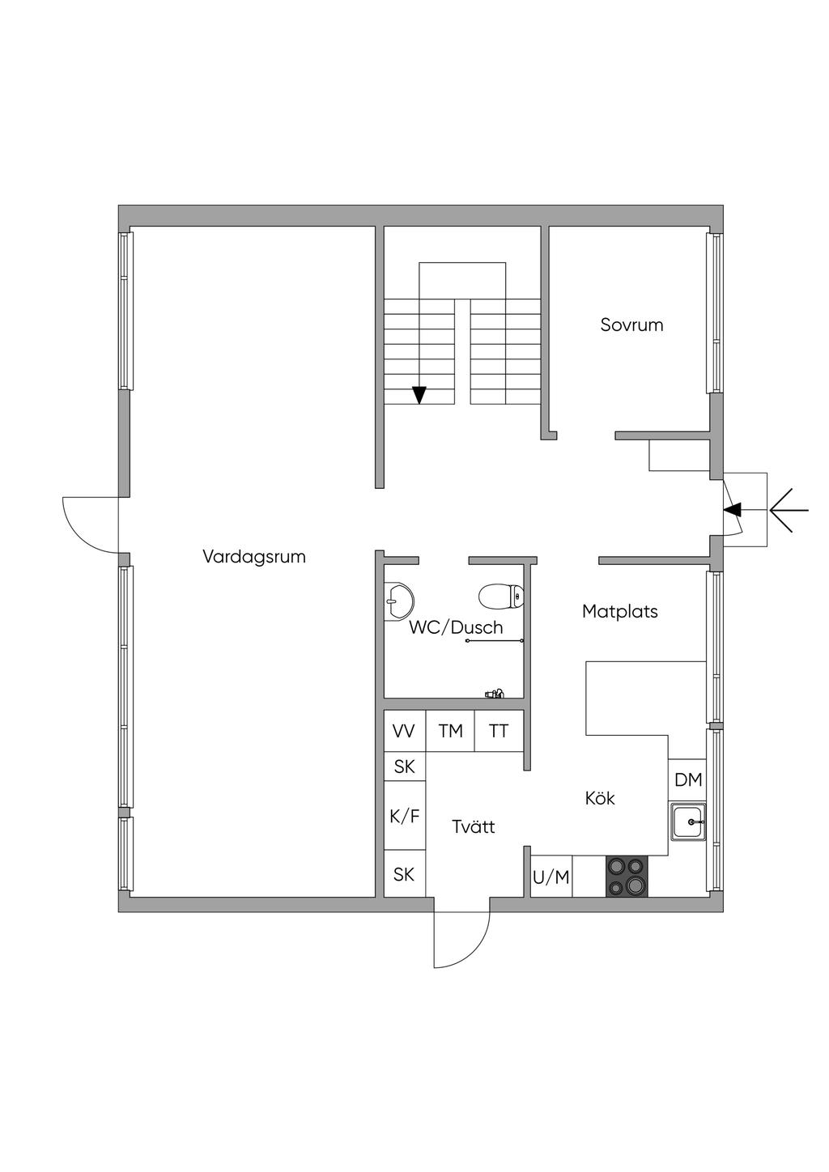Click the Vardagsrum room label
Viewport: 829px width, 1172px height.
click(254, 557)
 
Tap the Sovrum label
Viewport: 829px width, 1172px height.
click(631, 325)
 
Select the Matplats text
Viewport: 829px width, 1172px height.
click(619, 611)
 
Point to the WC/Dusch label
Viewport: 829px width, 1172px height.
click(455, 627)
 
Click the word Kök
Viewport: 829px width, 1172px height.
click(600, 798)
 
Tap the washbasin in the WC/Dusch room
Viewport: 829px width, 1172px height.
click(398, 601)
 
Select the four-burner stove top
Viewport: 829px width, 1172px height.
click(627, 877)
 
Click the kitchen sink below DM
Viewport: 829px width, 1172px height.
click(689, 822)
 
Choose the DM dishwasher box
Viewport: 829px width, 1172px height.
click(687, 779)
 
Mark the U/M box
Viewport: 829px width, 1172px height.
click(551, 877)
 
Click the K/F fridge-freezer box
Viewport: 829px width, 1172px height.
click(405, 816)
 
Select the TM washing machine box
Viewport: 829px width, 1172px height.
click(450, 731)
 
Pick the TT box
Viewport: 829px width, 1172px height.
click(499, 731)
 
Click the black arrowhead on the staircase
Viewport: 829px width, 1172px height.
click(419, 395)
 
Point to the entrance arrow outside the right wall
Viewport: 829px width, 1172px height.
click(789, 510)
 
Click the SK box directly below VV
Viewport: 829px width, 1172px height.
click(405, 766)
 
